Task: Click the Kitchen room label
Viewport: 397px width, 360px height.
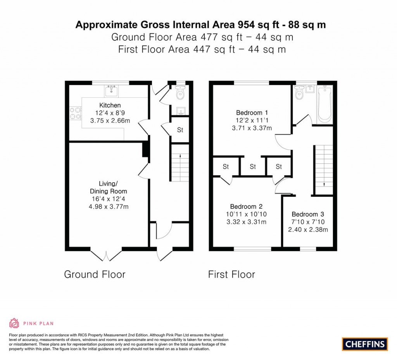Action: coord(110,105)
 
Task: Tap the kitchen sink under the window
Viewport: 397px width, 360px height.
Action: coord(112,91)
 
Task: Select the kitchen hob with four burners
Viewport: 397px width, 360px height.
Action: coord(75,113)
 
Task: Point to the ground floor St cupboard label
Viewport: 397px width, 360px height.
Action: coord(180,130)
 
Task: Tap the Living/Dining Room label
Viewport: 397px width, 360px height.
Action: coord(109,187)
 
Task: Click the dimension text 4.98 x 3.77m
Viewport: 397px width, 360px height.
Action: coord(109,207)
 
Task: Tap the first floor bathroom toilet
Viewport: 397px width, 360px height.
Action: coord(299,93)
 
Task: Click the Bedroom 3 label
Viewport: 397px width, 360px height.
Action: coord(308,214)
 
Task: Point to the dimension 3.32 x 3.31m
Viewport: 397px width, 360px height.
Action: coord(248,222)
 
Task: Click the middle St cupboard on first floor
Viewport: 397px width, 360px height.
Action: coord(253,167)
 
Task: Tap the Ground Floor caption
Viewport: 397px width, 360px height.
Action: coord(95,275)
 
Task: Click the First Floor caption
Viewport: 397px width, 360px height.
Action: coord(231,275)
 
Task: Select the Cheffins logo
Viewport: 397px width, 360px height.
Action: coord(365,344)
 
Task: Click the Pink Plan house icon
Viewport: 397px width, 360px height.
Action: coord(14,323)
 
